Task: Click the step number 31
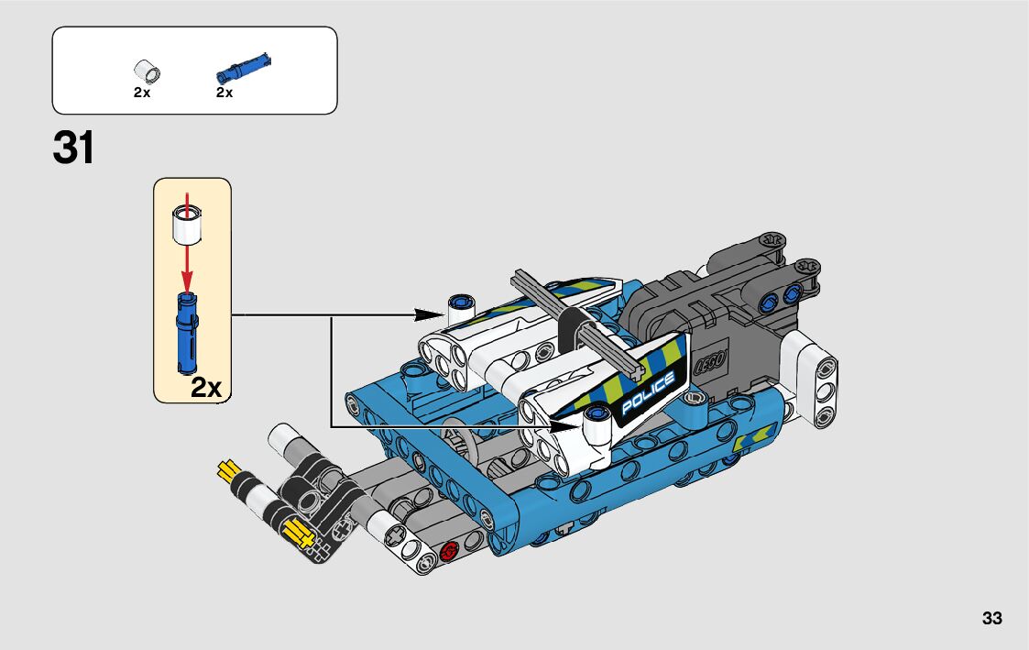[x=74, y=148]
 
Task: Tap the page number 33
[x=991, y=619]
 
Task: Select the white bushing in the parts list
[x=145, y=70]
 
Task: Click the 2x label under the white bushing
[x=141, y=93]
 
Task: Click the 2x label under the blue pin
[x=224, y=93]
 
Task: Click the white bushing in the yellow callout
[x=187, y=224]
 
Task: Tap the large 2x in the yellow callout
[x=207, y=387]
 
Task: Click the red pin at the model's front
[x=449, y=551]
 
